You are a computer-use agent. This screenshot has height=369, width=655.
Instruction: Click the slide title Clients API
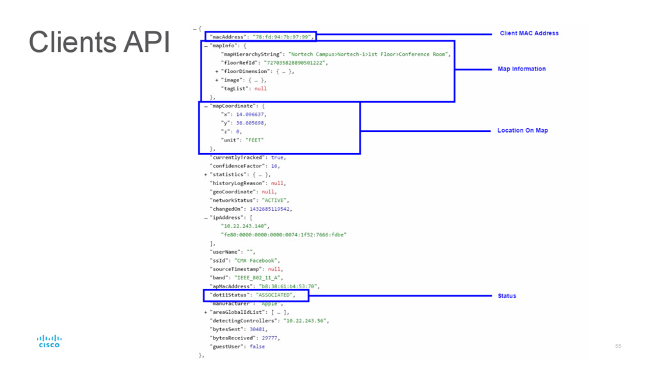(99, 43)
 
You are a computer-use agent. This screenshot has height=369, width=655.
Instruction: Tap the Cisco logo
(49, 341)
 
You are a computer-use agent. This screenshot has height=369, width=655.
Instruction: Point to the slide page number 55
(618, 347)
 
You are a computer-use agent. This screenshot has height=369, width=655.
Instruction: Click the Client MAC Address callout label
(529, 33)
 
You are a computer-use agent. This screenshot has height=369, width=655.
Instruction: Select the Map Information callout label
(521, 69)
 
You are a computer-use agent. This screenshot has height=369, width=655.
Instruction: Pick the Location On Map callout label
(523, 131)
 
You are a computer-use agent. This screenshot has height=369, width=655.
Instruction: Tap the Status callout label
(507, 296)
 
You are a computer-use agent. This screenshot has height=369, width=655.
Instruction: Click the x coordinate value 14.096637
(251, 114)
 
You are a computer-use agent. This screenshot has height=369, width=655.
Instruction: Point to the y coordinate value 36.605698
(251, 122)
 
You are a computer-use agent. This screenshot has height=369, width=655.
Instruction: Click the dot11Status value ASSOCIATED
(274, 295)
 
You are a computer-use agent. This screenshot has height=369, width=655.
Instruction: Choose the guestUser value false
(257, 347)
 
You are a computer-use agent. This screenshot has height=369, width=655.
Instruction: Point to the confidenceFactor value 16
(274, 166)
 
